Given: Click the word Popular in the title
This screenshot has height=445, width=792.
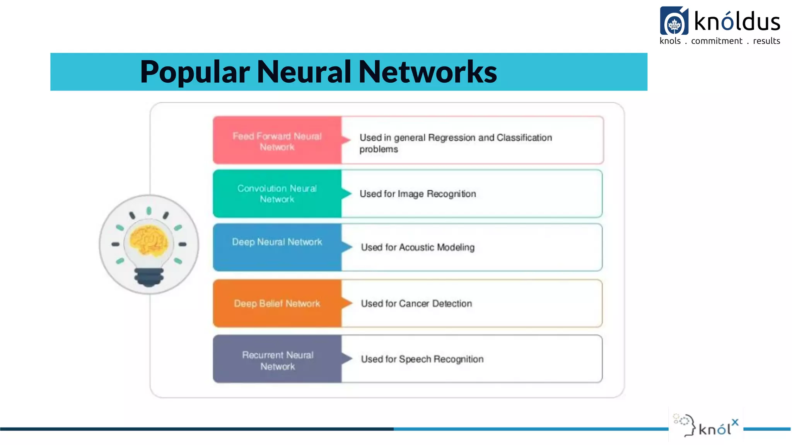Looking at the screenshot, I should click(x=195, y=72).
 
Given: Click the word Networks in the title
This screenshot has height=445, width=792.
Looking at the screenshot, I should click(x=427, y=72).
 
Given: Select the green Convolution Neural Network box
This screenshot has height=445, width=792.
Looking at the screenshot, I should click(x=277, y=194).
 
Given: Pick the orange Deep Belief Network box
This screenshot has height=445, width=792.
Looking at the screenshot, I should click(x=277, y=303).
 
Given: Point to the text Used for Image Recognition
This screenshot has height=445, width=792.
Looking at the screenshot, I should click(x=418, y=194).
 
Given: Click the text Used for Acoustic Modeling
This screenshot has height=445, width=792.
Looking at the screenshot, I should click(x=418, y=247).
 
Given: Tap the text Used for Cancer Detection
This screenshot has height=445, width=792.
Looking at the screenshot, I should click(x=416, y=304).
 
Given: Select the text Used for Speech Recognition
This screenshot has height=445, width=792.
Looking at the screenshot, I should click(x=422, y=359).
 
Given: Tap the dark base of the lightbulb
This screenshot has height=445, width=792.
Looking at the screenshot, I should click(x=149, y=277).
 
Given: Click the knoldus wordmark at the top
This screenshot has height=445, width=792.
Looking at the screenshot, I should click(x=737, y=22).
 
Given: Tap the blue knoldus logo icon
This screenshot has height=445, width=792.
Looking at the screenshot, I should click(x=674, y=21).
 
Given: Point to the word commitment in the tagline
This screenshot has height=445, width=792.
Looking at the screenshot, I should click(x=717, y=41).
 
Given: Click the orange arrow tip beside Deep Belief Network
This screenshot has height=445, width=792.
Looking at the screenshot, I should click(x=347, y=303).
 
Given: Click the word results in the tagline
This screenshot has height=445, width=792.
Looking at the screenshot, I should click(x=766, y=41).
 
